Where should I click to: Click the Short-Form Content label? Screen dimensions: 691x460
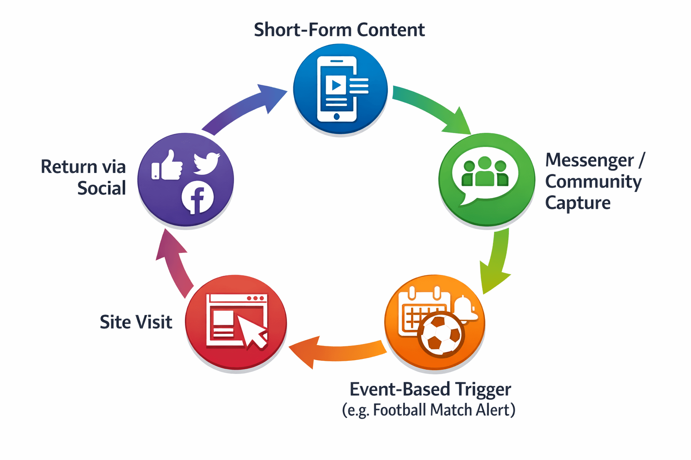(x=339, y=30)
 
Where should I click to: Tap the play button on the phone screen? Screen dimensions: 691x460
(x=336, y=85)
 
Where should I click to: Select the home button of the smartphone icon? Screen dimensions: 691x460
(x=337, y=116)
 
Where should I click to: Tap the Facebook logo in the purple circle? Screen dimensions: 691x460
(x=197, y=197)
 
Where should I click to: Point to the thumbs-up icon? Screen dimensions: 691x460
(x=167, y=165)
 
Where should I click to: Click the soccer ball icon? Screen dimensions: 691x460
(x=441, y=334)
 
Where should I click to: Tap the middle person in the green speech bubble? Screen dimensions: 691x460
(x=485, y=171)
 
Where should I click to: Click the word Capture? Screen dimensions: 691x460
(x=578, y=203)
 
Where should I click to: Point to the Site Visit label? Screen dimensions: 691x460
(x=136, y=322)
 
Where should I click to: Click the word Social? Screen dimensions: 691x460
(x=102, y=188)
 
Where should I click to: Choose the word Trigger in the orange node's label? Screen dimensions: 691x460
(x=482, y=390)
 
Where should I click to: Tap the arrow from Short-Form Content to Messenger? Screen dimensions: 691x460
(x=432, y=108)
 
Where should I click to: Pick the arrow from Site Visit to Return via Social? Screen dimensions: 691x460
(x=174, y=262)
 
